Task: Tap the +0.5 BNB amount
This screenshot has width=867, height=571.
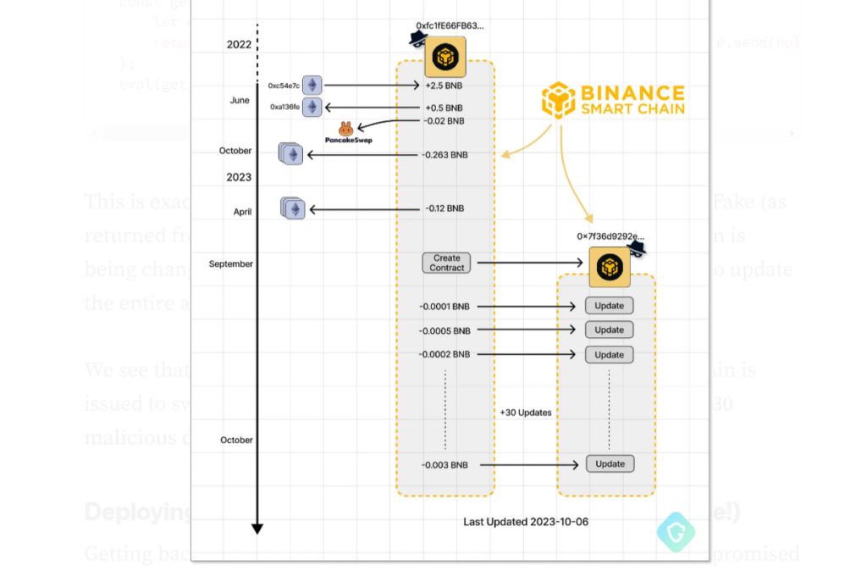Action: [444, 108]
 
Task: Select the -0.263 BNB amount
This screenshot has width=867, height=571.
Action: [445, 155]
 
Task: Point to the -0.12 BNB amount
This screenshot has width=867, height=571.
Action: [445, 208]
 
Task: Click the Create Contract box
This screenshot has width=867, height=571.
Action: [446, 263]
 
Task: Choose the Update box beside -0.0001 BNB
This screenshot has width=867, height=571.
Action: [609, 306]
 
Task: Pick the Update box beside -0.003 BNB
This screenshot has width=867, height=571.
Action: [609, 464]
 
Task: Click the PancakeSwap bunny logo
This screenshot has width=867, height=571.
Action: [345, 129]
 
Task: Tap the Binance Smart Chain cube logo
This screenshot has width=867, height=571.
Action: [559, 100]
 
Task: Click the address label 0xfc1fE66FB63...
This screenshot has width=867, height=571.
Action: [450, 26]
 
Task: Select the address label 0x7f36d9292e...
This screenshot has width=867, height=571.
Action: [610, 236]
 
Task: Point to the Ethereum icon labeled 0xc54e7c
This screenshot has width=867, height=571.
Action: [312, 86]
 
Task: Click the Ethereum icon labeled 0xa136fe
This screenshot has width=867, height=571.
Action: [312, 108]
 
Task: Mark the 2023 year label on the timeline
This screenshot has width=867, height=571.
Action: [239, 177]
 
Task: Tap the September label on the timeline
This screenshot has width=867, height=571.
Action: [231, 264]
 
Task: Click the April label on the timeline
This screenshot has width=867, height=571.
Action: [242, 212]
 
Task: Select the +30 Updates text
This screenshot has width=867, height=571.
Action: [526, 413]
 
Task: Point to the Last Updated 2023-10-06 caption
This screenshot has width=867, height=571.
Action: [526, 522]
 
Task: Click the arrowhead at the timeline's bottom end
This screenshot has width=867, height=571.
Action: [257, 529]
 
